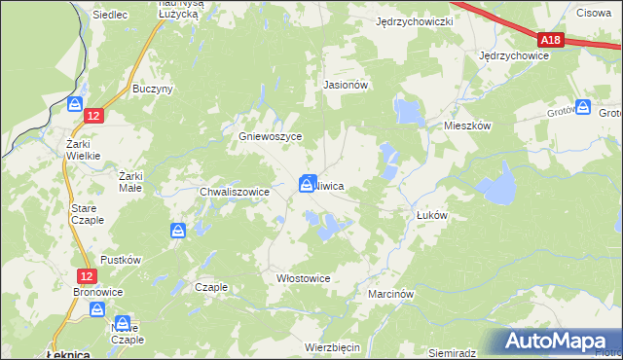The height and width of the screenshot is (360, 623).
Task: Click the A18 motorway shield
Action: tap(551, 40)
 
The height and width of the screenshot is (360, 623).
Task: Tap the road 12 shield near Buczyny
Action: tap(92, 115)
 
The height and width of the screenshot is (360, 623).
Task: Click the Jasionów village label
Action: tap(345, 85)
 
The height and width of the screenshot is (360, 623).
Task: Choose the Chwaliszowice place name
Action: tap(234, 193)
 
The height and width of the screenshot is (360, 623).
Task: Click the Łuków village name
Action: tap(430, 216)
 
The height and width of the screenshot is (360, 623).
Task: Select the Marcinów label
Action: tap(392, 293)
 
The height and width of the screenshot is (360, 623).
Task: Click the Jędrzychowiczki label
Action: tap(416, 21)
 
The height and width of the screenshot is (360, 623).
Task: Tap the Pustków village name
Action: tap(122, 261)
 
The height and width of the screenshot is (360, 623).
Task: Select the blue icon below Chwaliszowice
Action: tap(178, 231)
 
